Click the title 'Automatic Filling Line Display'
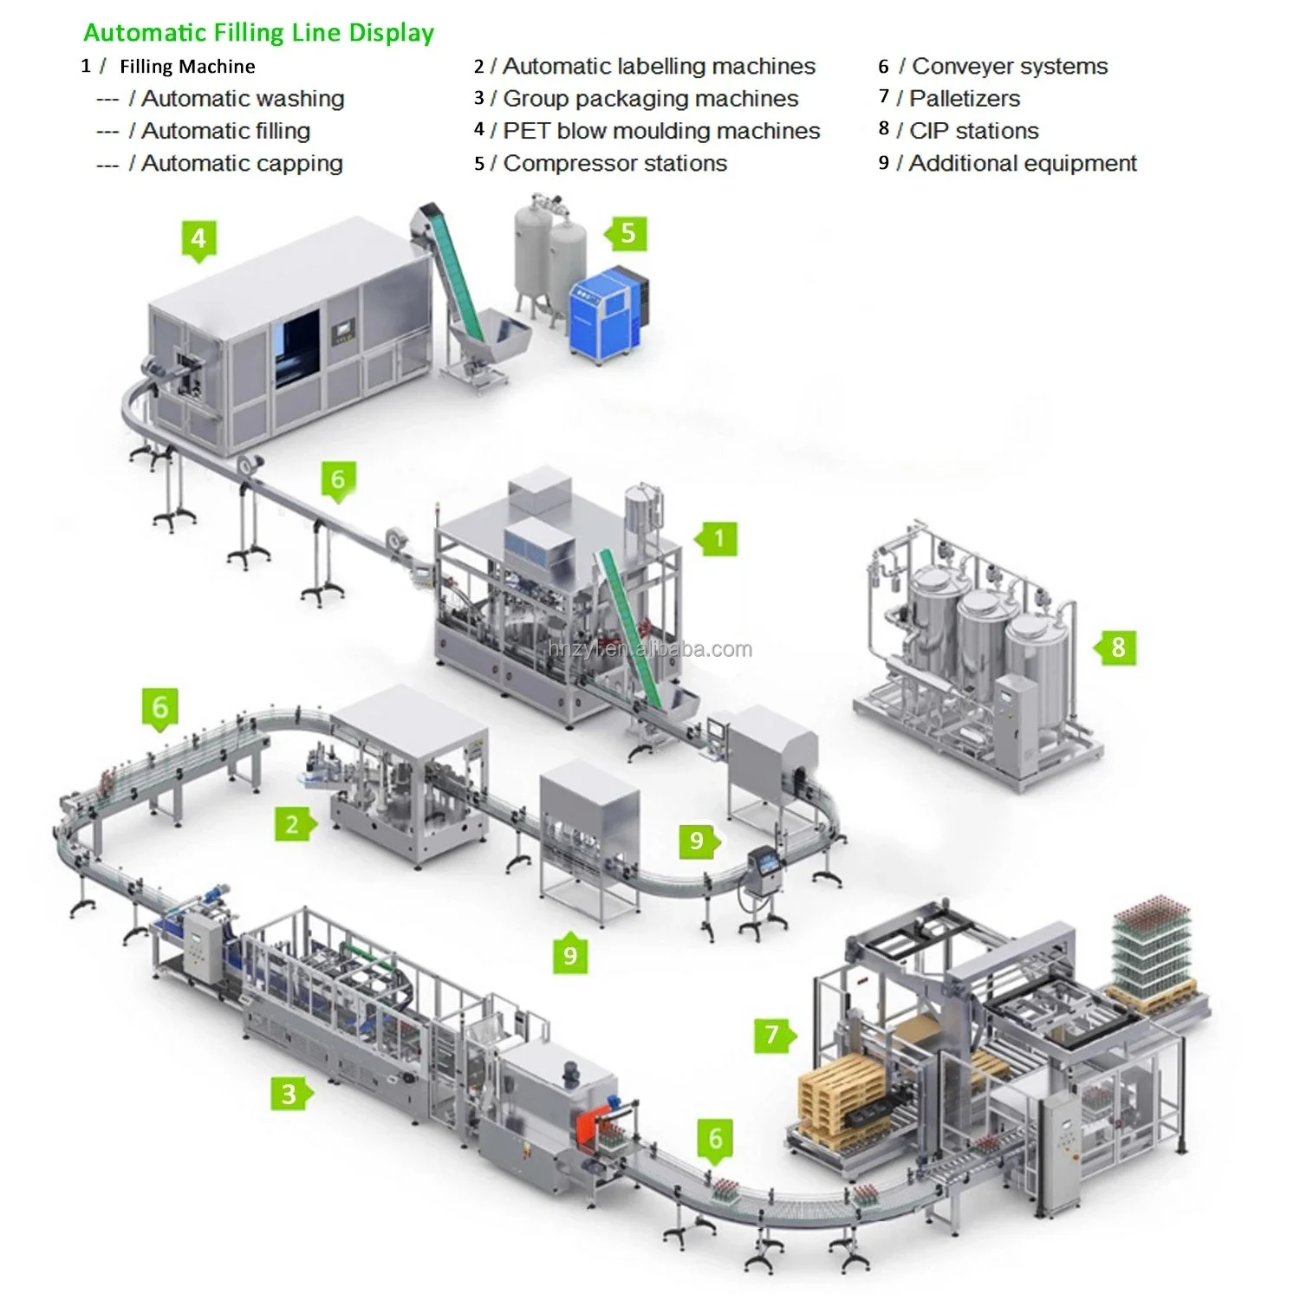pos(258,33)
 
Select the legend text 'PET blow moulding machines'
pos(660,131)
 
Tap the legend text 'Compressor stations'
pos(614,164)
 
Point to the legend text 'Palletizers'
pos(964,99)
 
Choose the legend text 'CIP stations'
pos(973,131)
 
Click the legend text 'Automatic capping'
pos(242,164)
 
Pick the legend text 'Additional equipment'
pos(1022,164)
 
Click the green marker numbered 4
pos(198,238)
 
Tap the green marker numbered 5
pos(627,233)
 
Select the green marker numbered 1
pos(718,539)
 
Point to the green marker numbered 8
pos(1117,647)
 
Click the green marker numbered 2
pos(293,824)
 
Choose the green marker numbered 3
pos(289,1094)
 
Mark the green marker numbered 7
pos(773,1034)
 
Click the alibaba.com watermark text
pos(650,649)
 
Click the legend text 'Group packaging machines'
pos(650,99)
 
